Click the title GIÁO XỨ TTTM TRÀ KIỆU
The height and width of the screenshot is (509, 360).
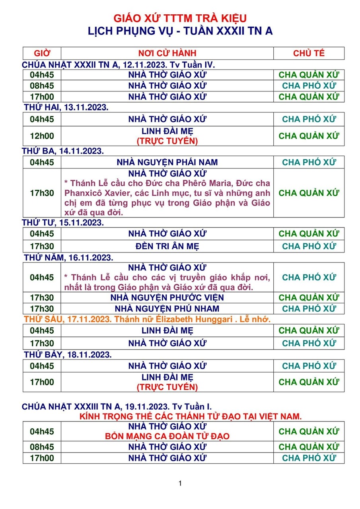180,18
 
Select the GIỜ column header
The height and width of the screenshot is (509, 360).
42,53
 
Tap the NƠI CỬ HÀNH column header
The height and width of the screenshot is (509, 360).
167,53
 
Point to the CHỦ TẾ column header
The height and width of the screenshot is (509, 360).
309,53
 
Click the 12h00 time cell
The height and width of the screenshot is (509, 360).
42,136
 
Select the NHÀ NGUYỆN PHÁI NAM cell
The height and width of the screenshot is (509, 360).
167,162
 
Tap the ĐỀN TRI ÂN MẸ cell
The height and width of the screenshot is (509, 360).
167,246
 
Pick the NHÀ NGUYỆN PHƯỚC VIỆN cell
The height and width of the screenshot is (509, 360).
167,297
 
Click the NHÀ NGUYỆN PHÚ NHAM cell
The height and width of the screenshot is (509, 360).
167,309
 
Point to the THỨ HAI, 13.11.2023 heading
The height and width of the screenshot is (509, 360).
66,107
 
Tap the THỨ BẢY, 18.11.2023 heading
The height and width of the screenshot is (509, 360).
67,354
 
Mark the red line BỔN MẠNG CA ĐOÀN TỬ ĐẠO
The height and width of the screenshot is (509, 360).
167,436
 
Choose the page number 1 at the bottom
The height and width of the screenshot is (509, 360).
180,484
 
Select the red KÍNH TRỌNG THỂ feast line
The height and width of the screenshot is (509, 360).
191,416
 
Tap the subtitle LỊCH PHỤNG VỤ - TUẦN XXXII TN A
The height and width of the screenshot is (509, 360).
180,31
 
